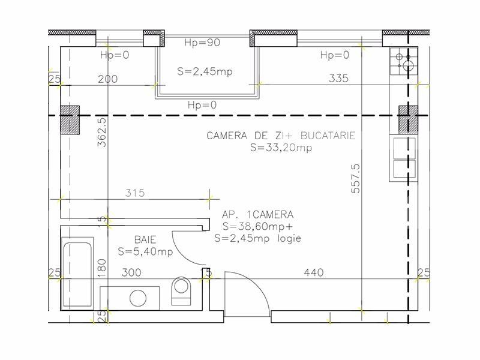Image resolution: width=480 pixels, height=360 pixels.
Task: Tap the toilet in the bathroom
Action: tap(181, 291)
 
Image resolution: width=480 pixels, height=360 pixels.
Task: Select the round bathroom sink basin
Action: tap(138, 298)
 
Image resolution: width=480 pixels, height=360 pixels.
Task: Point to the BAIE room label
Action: tap(145, 239)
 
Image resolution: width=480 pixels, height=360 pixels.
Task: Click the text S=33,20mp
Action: tap(281, 148)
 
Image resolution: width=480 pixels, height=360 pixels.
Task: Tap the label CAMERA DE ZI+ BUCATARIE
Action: tap(281, 136)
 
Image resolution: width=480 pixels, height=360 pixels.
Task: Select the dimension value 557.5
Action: tap(356, 179)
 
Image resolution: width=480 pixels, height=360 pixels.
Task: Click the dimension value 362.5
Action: tap(102, 132)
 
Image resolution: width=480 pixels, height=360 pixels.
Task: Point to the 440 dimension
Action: tap(314, 272)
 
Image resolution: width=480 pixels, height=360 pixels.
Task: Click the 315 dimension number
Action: tap(134, 193)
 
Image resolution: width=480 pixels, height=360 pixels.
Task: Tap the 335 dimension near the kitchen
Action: tap(338, 79)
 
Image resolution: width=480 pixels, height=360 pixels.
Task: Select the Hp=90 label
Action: tap(202, 42)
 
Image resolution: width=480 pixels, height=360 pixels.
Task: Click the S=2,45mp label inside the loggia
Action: tap(205, 71)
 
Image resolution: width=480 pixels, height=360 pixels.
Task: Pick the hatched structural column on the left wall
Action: tap(70, 120)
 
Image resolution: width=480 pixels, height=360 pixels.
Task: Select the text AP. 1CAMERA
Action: tap(258, 215)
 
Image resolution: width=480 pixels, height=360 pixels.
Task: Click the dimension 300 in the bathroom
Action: tap(131, 272)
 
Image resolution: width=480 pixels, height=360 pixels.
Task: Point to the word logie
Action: tap(289, 238)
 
